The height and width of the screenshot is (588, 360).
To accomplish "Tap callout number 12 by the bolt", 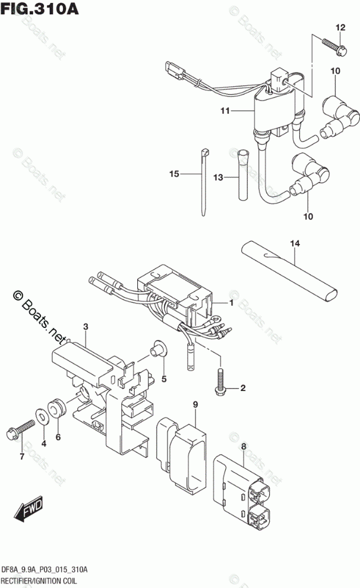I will pos(340,28).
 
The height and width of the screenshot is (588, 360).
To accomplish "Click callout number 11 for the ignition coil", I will pos(224,111).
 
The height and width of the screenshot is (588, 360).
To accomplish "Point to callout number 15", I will pos(173,174).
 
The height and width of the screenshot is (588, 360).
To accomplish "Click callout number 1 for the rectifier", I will pos(233,303).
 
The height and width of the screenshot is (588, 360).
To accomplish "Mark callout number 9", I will pos(194,406).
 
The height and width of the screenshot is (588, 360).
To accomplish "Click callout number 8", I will pos(242,446).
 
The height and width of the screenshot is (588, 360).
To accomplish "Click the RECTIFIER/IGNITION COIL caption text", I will pos(43,581).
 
